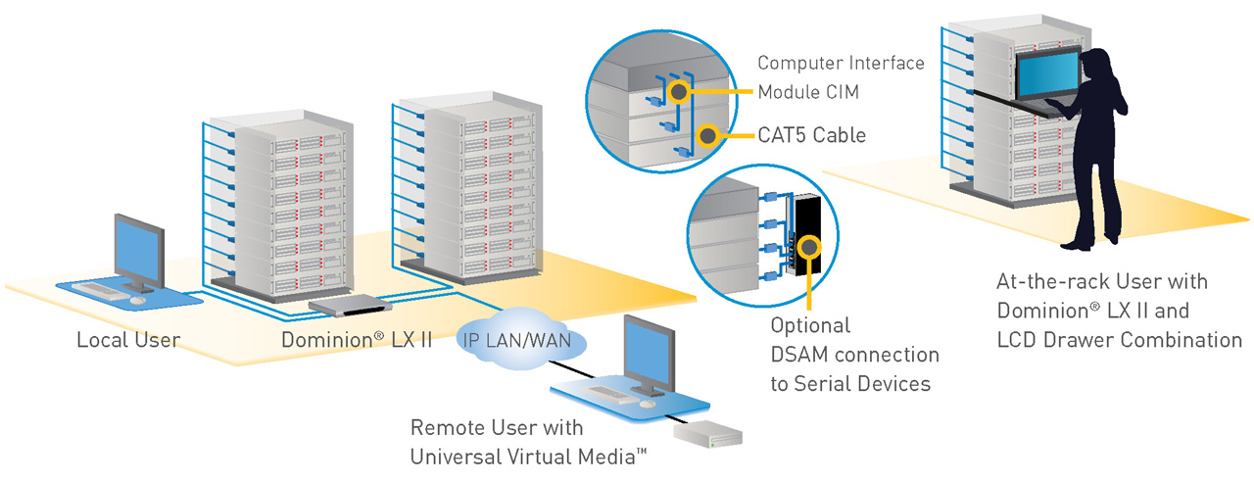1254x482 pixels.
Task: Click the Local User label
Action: coord(128,341)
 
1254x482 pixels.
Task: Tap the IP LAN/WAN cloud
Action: coord(521,341)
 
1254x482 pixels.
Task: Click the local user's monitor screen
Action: coord(138,246)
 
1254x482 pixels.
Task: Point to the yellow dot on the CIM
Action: coord(676,92)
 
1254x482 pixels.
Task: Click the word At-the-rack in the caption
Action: coord(1041,282)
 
